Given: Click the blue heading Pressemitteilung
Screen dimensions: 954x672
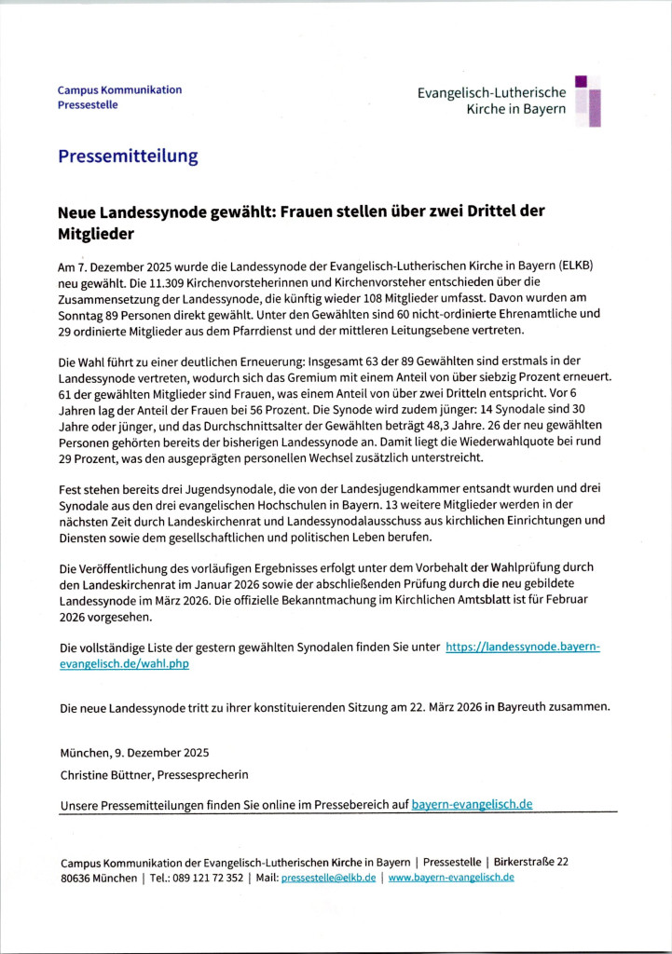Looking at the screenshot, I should click(x=127, y=157).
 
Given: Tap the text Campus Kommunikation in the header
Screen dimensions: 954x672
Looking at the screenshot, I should click(x=119, y=89).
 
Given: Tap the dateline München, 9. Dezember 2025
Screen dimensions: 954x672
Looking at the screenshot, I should click(x=134, y=753).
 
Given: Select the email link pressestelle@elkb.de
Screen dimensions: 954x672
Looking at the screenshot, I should click(x=328, y=878).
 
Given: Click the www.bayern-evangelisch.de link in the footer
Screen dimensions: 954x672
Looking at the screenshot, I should click(x=451, y=878).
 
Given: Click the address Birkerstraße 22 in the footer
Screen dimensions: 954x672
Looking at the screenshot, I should click(x=530, y=862).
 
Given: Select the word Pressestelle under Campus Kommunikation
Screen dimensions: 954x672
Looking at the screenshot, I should click(x=88, y=104).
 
